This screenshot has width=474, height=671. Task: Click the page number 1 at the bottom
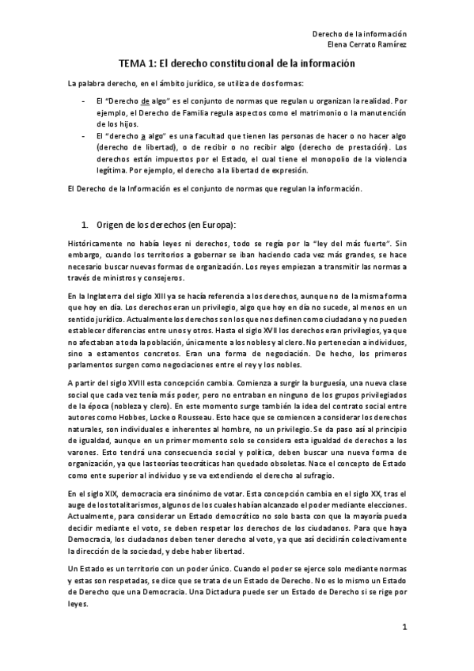[404, 628]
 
